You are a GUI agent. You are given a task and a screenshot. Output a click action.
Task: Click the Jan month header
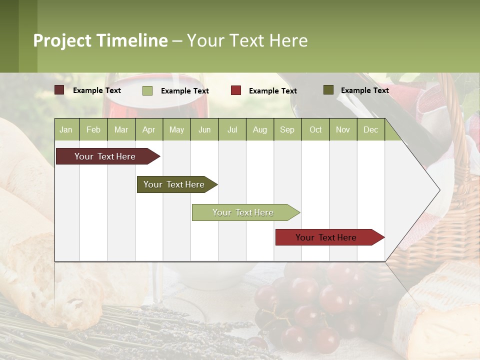(66, 129)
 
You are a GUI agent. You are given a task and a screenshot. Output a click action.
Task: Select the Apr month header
(148, 129)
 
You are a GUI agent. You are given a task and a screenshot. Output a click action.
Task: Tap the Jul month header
(232, 129)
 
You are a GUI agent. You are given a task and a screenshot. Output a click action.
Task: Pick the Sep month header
(287, 129)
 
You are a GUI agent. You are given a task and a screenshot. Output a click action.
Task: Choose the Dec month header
(370, 129)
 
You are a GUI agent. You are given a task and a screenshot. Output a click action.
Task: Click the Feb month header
(93, 129)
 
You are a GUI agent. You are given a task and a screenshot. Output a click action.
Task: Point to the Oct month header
(315, 129)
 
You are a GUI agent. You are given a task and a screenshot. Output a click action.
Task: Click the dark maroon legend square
(59, 90)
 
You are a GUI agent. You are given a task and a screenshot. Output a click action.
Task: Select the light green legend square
(147, 90)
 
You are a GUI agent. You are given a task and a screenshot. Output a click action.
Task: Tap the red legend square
(236, 90)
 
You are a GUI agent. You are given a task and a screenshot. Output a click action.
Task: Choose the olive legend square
(328, 90)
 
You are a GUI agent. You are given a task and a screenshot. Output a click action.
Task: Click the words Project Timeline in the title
(100, 40)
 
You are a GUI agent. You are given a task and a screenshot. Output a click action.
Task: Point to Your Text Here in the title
(247, 40)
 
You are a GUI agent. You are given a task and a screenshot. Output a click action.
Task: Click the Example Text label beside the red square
(272, 90)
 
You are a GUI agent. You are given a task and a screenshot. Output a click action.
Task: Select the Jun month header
(204, 129)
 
